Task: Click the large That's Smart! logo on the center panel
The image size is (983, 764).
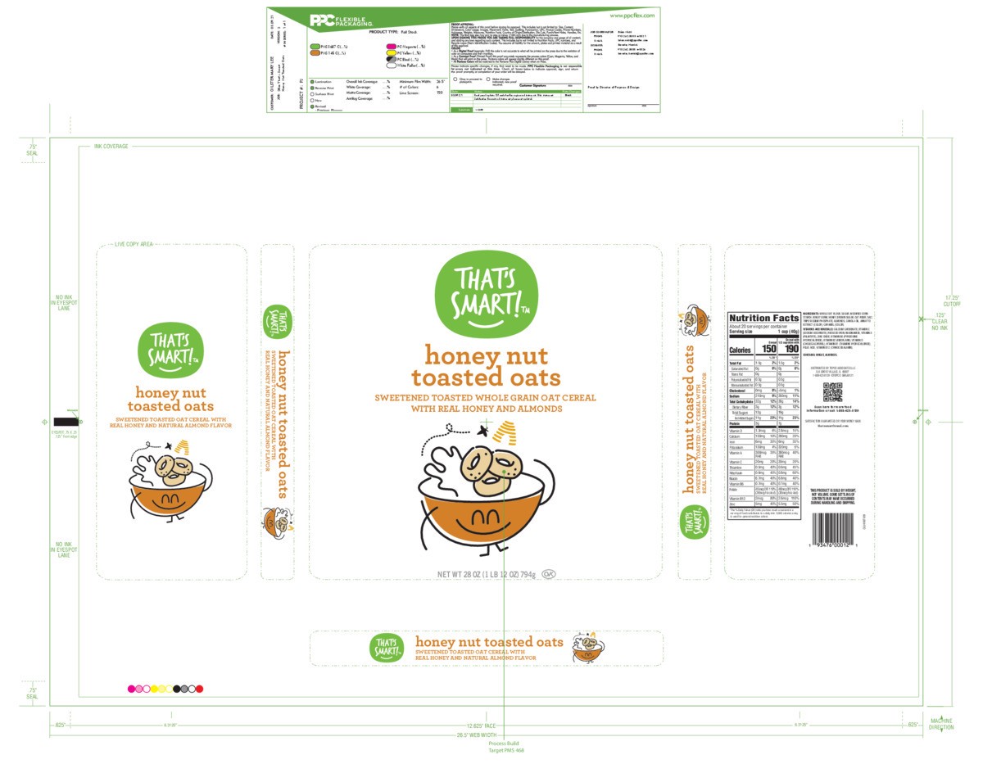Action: (487, 291)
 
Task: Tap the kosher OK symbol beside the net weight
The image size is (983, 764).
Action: (548, 574)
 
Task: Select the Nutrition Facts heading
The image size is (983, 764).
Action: (763, 318)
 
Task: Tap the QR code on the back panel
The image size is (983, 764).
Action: (833, 391)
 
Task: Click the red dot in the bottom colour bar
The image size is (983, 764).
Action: (199, 689)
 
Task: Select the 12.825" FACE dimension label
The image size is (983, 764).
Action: (479, 726)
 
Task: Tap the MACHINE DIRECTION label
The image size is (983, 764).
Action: (941, 725)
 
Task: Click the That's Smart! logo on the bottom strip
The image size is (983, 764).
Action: (386, 647)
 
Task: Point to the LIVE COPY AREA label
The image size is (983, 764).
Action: (133, 244)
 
